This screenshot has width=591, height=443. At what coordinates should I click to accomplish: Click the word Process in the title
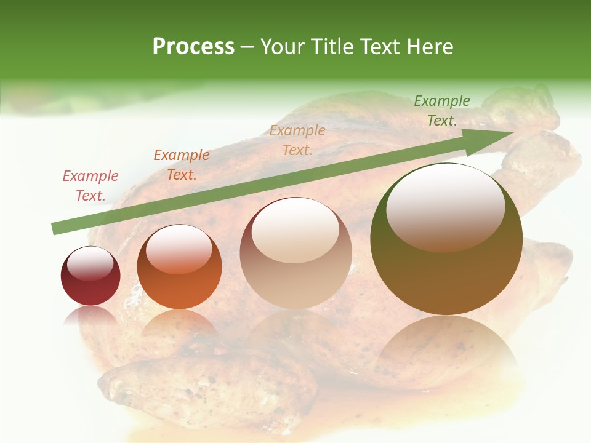coord(193,47)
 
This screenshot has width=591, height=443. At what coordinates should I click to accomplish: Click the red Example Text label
coord(90,186)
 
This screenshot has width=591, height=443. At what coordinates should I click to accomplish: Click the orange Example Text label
coord(182,165)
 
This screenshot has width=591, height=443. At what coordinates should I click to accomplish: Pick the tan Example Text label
coord(297,140)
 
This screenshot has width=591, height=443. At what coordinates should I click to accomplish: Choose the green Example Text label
coord(441,110)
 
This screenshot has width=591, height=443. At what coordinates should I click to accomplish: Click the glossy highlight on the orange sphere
coord(179,250)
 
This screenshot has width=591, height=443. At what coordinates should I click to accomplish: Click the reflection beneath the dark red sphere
coord(90,316)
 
